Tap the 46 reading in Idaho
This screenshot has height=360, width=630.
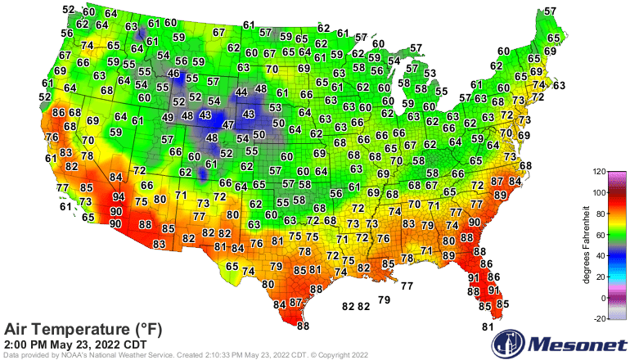point(173,74)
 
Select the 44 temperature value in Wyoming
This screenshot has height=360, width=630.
point(241,92)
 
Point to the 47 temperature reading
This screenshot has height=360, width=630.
point(229,125)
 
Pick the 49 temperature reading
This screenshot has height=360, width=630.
point(168,118)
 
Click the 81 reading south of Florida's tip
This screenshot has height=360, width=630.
point(488,327)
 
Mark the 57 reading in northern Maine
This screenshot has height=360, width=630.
point(551,11)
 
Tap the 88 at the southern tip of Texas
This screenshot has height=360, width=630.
point(304,326)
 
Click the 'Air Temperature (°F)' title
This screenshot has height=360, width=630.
point(83,329)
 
